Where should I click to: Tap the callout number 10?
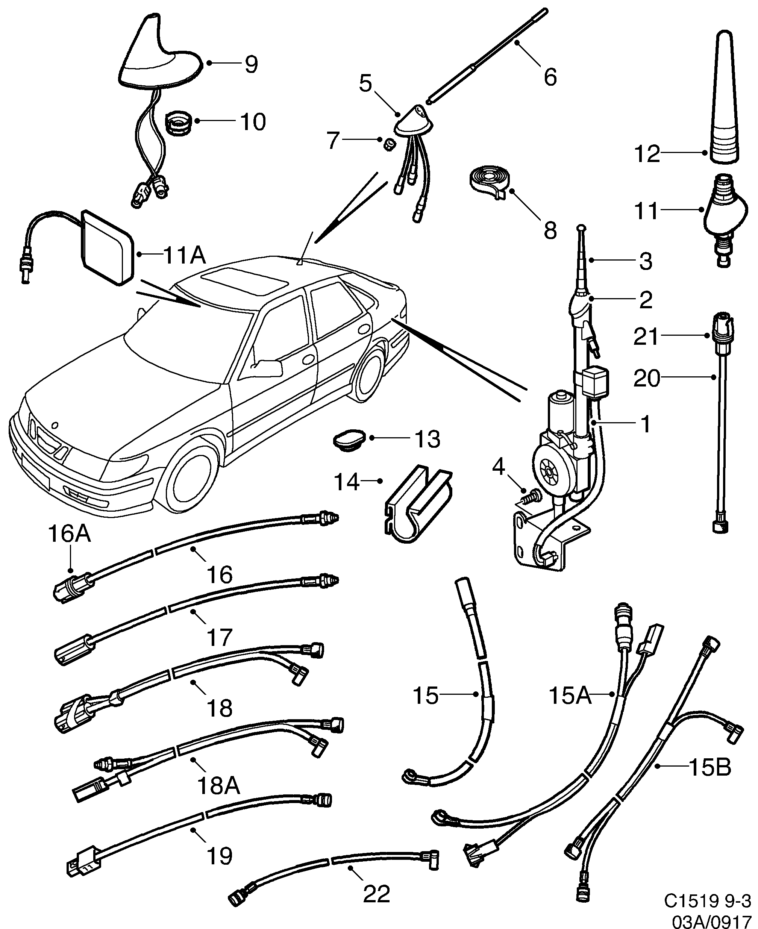pos(253,121)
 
